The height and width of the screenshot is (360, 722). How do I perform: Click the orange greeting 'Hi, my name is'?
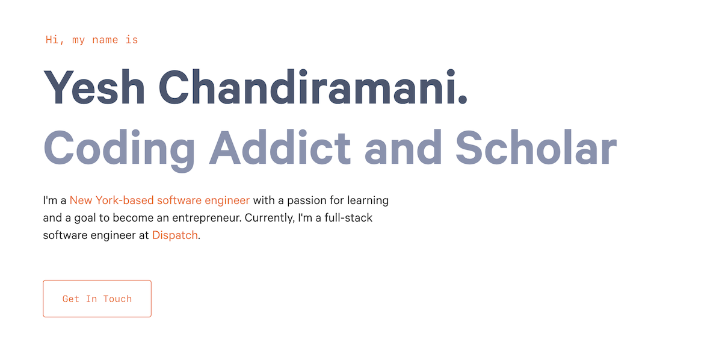click(91, 40)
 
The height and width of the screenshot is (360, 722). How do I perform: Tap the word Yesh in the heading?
click(94, 88)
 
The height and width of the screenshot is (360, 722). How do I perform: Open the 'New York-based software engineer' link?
click(159, 200)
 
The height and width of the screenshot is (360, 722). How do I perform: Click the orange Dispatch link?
click(174, 235)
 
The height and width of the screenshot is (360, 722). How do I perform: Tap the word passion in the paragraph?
click(309, 200)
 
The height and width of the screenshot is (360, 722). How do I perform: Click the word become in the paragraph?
click(128, 217)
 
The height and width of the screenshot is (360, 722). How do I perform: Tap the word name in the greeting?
click(101, 40)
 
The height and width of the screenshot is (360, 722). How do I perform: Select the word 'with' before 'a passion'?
click(264, 200)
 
